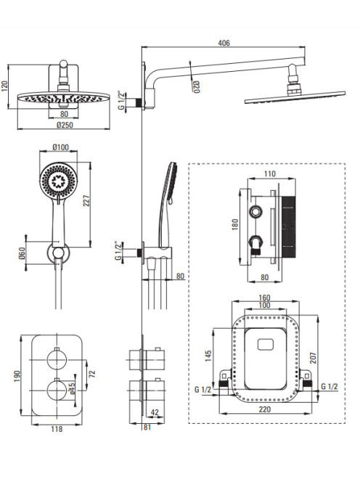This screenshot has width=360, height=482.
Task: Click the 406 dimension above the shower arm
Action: click(224, 43)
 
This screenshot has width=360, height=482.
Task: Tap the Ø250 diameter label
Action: click(65, 125)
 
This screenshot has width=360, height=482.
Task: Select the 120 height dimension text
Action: click(4, 86)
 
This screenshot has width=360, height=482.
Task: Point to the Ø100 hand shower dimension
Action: click(60, 147)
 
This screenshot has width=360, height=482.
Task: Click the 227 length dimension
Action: click(87, 201)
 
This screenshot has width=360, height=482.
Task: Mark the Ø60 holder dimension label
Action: click(22, 253)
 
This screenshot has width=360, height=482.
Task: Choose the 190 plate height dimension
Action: click(17, 376)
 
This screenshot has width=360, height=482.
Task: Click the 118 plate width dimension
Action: click(57, 428)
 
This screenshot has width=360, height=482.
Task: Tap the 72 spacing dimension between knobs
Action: click(92, 374)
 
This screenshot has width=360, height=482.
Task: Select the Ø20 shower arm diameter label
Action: click(197, 87)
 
